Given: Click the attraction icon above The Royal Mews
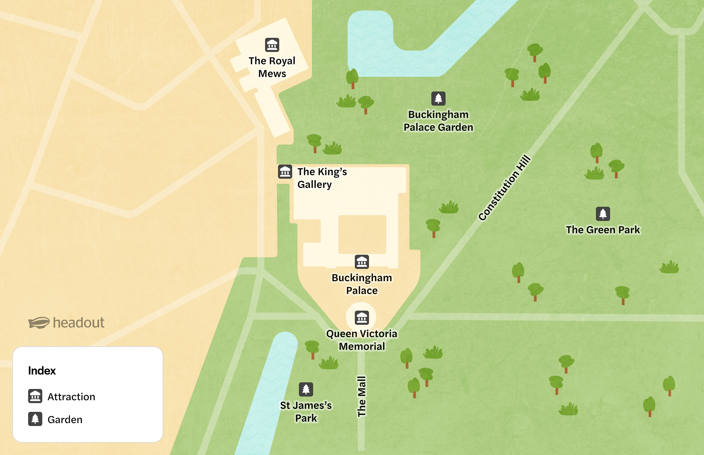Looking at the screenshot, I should (272, 45).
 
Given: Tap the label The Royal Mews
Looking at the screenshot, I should (272, 67).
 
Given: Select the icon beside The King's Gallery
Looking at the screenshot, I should (285, 172).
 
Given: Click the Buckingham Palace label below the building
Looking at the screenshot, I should (362, 284).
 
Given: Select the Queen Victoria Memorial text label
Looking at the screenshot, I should (362, 340).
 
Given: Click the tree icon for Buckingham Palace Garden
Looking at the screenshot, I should (438, 98).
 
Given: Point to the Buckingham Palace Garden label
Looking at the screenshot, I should (438, 121).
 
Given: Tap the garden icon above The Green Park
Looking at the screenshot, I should (603, 214).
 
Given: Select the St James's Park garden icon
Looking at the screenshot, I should (306, 389).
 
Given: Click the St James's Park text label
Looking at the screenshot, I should (306, 412).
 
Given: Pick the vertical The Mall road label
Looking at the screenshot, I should (362, 396).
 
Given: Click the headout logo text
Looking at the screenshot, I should (78, 323).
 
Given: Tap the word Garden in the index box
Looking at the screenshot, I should (65, 420).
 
